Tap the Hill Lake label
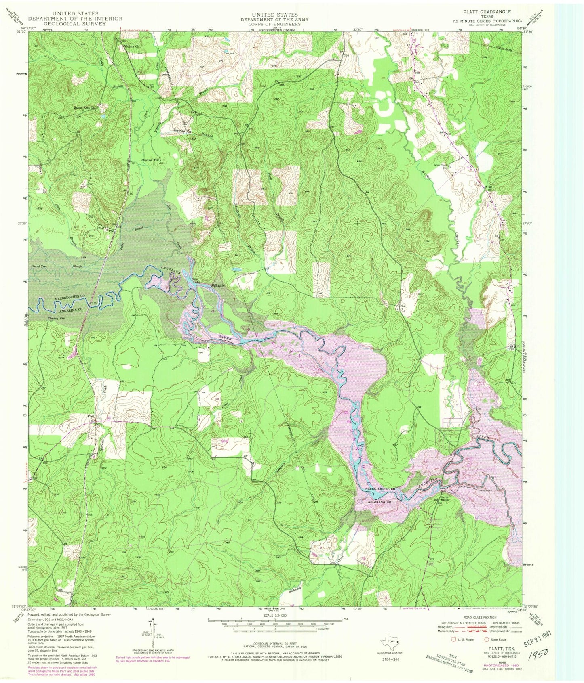(x=218, y=285)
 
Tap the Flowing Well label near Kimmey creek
(x=150, y=160)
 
